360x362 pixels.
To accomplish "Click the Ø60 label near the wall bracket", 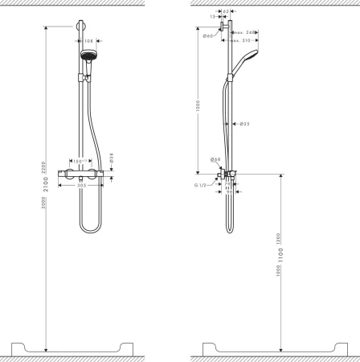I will click(x=207, y=36).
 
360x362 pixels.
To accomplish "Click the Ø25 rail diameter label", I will click(x=245, y=124).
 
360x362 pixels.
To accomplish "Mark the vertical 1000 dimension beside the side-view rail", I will click(x=198, y=108).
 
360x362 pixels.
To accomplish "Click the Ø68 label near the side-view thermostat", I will click(x=215, y=159).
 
